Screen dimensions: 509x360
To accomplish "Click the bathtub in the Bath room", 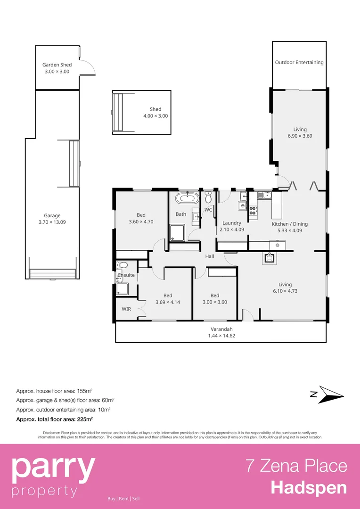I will [x=187, y=197].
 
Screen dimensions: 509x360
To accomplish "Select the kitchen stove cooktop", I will [x=253, y=210].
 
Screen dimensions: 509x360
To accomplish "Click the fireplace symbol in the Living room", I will [x=270, y=257].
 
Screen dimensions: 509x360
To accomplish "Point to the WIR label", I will [x=126, y=309].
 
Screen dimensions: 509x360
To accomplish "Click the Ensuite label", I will [x=126, y=275].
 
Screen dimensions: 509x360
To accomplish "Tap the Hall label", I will [x=210, y=256].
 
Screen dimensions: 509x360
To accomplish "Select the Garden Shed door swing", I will [x=88, y=67].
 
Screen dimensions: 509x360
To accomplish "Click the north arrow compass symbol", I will [x=327, y=394].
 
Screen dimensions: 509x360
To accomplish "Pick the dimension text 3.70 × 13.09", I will [x=52, y=222].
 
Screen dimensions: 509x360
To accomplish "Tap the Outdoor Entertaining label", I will [x=299, y=62].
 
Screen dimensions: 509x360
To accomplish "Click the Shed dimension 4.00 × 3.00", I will [x=155, y=116].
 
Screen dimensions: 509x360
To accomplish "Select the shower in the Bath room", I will [x=178, y=232].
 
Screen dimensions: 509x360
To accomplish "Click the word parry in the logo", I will [x=53, y=468].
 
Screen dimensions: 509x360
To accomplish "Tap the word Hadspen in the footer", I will [x=309, y=488].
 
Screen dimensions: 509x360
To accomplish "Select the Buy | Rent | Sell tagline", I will [x=123, y=499].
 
